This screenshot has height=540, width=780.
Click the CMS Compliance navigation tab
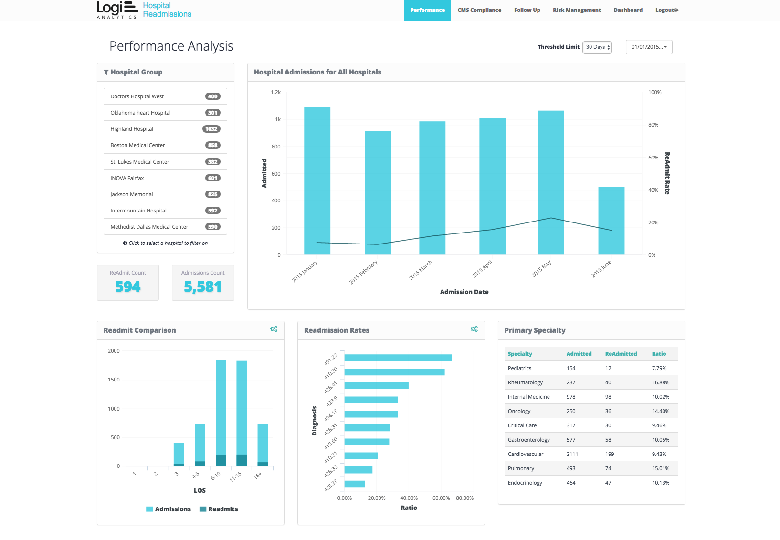(x=479, y=10)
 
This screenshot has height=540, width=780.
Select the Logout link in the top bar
(x=666, y=10)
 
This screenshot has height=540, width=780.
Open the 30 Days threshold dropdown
(x=597, y=47)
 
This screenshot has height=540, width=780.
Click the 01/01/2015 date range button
(x=649, y=47)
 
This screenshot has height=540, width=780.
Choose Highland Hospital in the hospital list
(x=132, y=129)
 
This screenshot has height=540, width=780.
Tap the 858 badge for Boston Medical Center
(x=212, y=145)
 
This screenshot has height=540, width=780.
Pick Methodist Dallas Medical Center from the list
(x=149, y=227)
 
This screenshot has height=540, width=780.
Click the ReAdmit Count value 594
(x=128, y=286)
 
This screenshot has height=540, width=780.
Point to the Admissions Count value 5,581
(x=203, y=286)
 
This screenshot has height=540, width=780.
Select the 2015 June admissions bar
(x=611, y=221)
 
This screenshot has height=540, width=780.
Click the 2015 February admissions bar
(x=378, y=192)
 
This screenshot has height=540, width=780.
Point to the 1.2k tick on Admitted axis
(x=276, y=92)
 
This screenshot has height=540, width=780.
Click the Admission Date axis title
(x=464, y=292)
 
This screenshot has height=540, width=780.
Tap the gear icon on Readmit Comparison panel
(x=274, y=329)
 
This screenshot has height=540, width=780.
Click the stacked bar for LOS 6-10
(x=221, y=413)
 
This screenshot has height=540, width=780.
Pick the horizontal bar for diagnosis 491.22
(x=398, y=358)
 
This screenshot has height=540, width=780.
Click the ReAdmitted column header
(x=621, y=354)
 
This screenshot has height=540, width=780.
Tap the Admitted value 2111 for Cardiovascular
(x=572, y=454)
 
